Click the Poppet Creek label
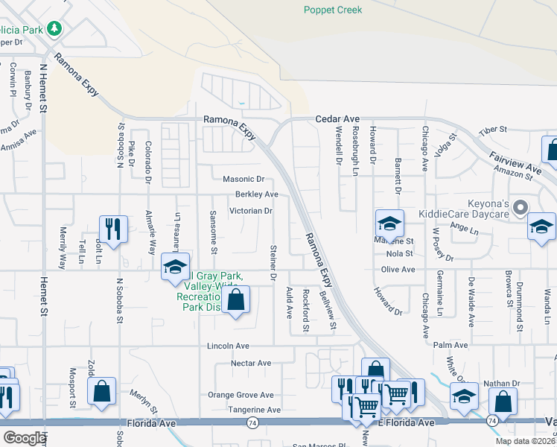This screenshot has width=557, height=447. (333, 10)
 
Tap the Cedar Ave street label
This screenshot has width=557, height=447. (337, 118)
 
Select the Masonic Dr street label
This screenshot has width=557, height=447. (244, 180)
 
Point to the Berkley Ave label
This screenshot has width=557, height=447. (256, 194)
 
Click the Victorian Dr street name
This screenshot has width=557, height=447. (250, 211)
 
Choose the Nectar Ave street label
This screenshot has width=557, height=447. (250, 363)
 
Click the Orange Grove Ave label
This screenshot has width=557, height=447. (241, 395)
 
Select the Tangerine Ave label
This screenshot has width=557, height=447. (255, 410)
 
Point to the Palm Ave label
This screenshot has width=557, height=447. (451, 346)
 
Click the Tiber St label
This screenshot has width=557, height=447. (492, 130)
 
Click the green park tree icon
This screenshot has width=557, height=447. (54, 28)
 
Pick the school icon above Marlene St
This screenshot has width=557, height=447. (389, 222)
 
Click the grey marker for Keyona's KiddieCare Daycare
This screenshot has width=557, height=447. (521, 206)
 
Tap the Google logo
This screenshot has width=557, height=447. (25, 438)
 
